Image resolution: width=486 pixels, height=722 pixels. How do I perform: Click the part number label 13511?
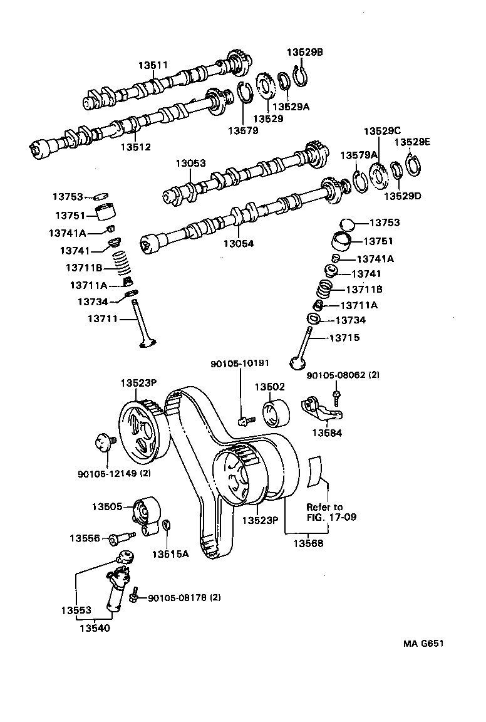(153, 65)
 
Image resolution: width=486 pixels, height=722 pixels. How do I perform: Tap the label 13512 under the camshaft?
(136, 147)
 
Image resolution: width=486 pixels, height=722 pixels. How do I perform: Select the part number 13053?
(190, 163)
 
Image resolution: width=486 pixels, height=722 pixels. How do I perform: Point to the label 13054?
(239, 243)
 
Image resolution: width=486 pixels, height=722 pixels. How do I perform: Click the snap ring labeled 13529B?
(301, 76)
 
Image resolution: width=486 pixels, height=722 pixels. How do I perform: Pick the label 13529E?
(412, 142)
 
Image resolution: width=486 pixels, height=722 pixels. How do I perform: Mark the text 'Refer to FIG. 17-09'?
(324, 512)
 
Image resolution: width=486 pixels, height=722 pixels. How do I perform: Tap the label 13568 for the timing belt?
(309, 543)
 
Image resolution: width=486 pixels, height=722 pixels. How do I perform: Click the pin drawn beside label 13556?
(121, 538)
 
